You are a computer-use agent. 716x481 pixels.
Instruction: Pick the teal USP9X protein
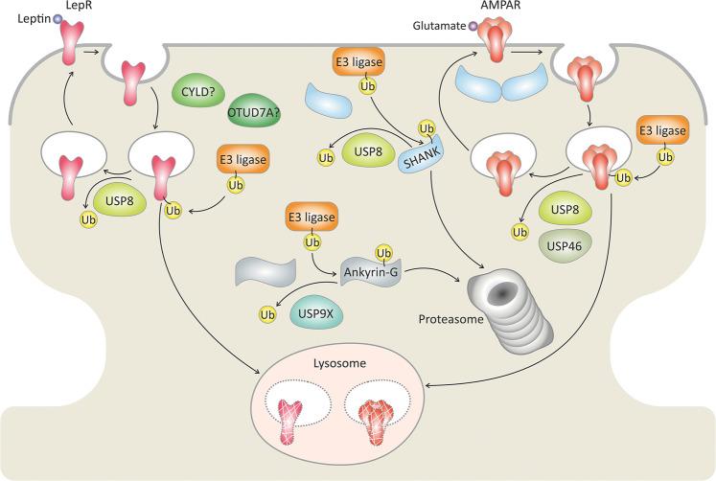click(317, 312)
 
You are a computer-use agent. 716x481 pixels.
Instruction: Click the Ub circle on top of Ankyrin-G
click(385, 253)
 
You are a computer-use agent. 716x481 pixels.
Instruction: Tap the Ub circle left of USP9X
click(268, 312)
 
